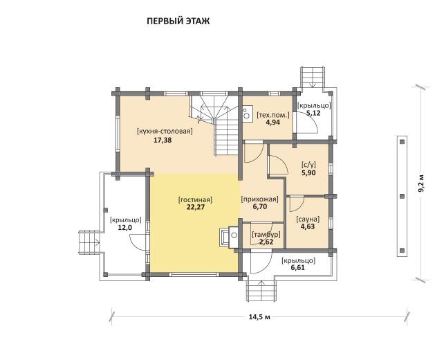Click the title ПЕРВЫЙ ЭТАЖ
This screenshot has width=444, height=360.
tap(178, 21)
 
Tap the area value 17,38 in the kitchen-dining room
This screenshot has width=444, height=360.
tap(163, 140)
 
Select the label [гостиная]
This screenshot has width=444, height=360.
tap(195, 200)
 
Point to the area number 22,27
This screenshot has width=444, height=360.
tap(196, 207)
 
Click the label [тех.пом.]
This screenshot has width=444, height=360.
tap(273, 115)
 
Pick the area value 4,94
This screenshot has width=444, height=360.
tap(273, 123)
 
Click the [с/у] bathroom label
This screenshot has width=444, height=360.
tap(308, 165)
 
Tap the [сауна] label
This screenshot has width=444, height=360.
tap(308, 219)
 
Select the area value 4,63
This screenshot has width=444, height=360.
tap(308, 226)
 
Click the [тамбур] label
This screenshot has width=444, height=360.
tap(266, 235)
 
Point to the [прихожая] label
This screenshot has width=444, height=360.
tap(259, 199)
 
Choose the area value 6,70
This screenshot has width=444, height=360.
tap(259, 206)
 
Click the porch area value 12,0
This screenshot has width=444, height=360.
tap(125, 227)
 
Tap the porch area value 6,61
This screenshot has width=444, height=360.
tap(297, 268)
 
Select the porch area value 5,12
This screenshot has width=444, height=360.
tap(313, 113)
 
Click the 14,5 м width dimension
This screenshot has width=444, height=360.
tap(259, 317)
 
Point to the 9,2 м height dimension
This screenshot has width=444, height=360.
tap(422, 183)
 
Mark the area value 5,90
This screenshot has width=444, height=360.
tap(308, 172)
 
